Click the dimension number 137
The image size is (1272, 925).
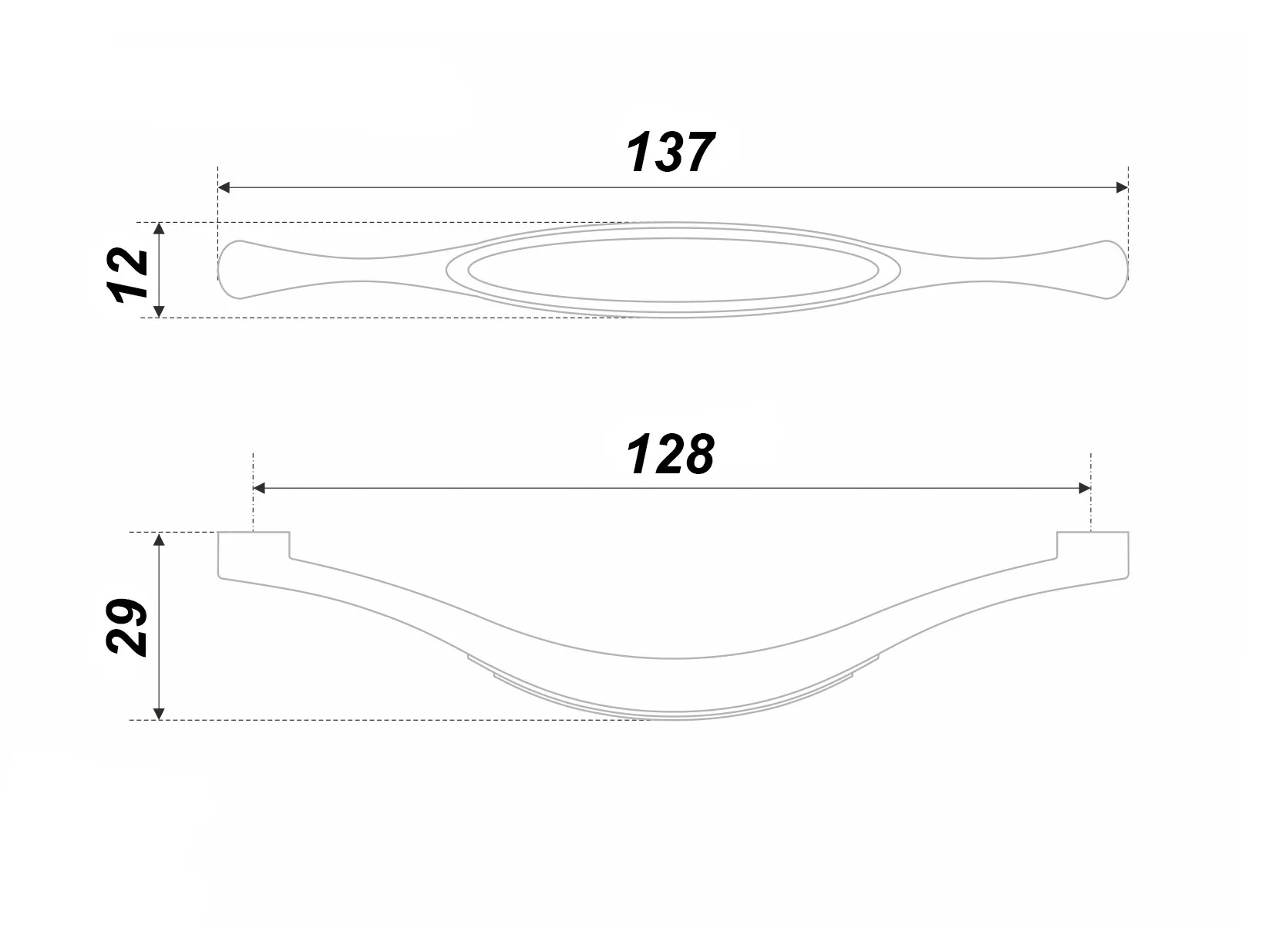pyautogui.click(x=670, y=152)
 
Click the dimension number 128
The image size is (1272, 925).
pyautogui.click(x=670, y=454)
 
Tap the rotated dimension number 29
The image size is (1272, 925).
pyautogui.click(x=127, y=627)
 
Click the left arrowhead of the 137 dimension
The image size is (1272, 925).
pyautogui.click(x=224, y=187)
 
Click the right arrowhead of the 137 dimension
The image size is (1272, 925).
pyautogui.click(x=1122, y=187)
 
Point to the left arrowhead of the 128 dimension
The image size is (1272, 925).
pyautogui.click(x=259, y=489)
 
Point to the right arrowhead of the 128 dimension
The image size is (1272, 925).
pyautogui.click(x=1085, y=489)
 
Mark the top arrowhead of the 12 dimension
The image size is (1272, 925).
pyautogui.click(x=159, y=228)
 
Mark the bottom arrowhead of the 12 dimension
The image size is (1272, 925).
pyautogui.click(x=159, y=311)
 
